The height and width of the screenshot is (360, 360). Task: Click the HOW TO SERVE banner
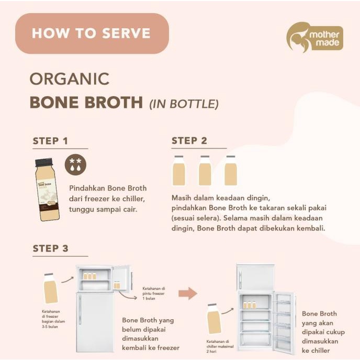[92, 33]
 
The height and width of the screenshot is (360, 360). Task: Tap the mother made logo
[314, 38]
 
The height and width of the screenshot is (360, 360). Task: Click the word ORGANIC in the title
[70, 78]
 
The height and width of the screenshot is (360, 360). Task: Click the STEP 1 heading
[50, 141]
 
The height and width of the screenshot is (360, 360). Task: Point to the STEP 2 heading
[189, 141]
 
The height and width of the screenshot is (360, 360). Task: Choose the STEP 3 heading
[50, 248]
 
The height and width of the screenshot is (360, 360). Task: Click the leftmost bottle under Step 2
[178, 170]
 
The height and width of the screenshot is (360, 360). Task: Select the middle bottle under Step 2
[205, 170]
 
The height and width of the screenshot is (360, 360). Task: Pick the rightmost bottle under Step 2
[231, 170]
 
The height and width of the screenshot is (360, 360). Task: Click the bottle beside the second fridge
[213, 319]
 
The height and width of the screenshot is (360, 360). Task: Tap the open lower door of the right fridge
[283, 318]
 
